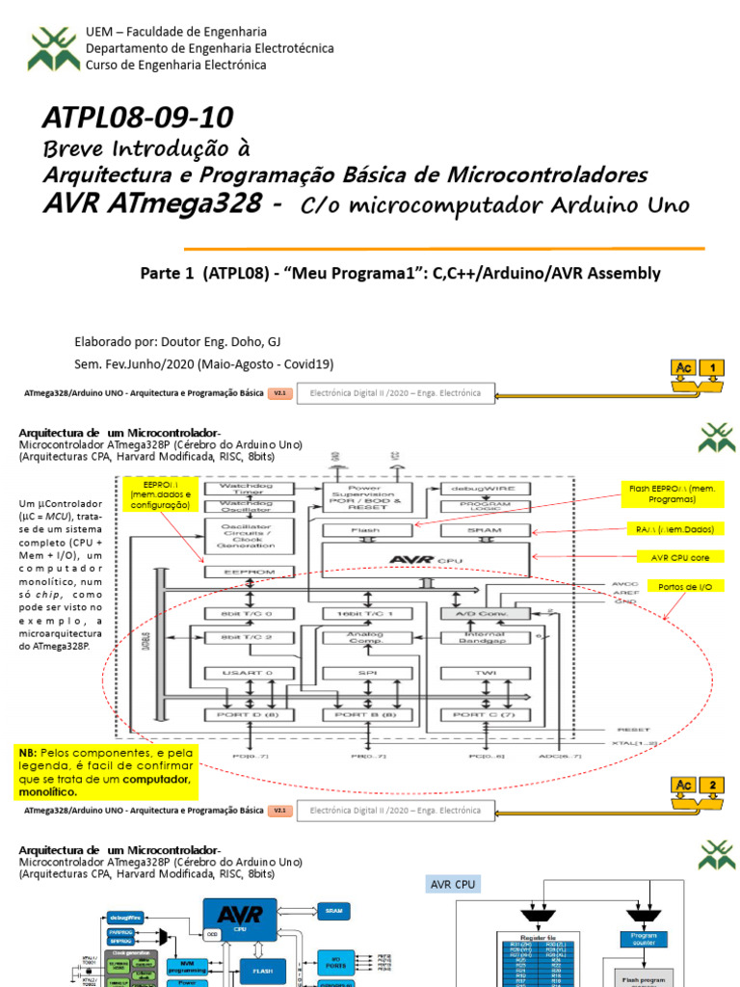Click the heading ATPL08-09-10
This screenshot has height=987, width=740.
point(138,119)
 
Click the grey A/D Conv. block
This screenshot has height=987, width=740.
point(485,613)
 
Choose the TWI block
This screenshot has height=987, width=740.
point(485,672)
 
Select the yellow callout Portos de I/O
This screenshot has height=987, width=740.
point(685,586)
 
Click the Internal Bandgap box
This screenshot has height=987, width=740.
point(485,636)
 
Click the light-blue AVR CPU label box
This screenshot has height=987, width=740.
point(453,885)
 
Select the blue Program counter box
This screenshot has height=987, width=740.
point(643,940)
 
